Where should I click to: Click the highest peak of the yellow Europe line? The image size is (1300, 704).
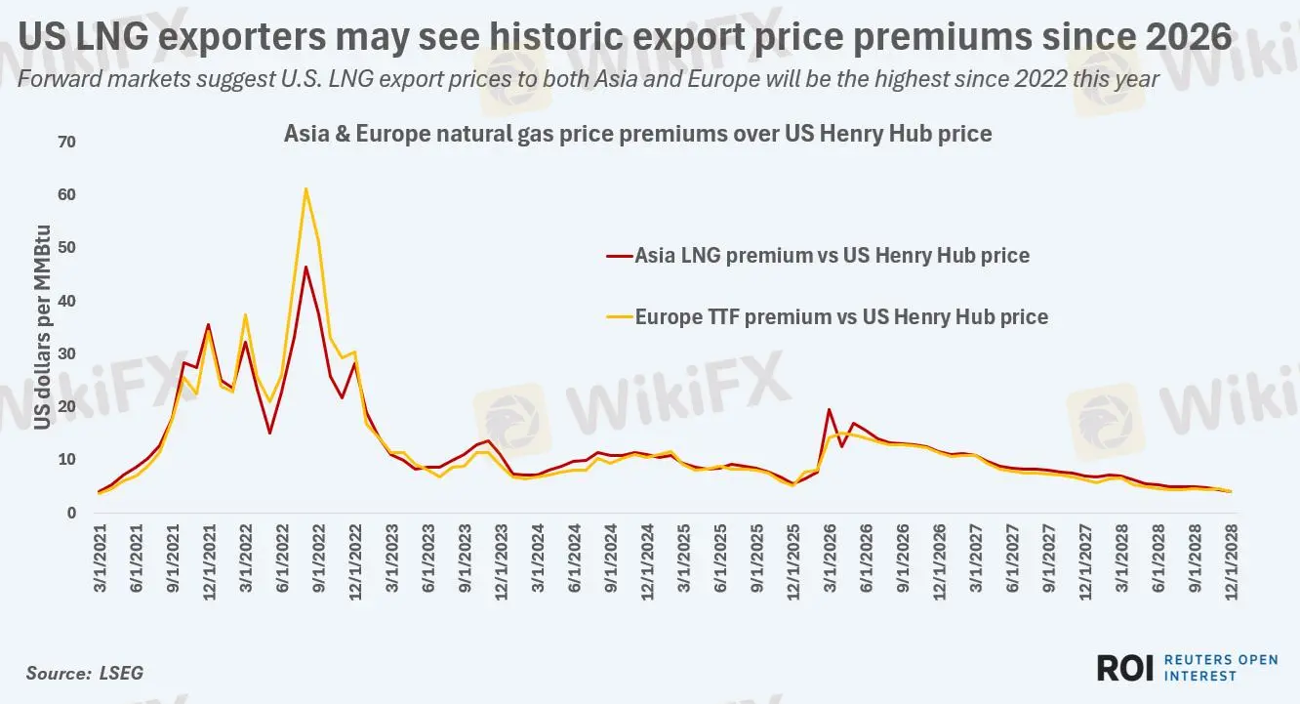point(305,188)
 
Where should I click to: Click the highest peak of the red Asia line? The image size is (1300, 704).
point(305,267)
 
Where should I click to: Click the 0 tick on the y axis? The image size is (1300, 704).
point(71,513)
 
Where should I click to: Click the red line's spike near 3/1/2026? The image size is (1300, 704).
point(829,410)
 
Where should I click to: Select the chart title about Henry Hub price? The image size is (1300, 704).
point(637,134)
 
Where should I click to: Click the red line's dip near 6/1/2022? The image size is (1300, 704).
point(269,433)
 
